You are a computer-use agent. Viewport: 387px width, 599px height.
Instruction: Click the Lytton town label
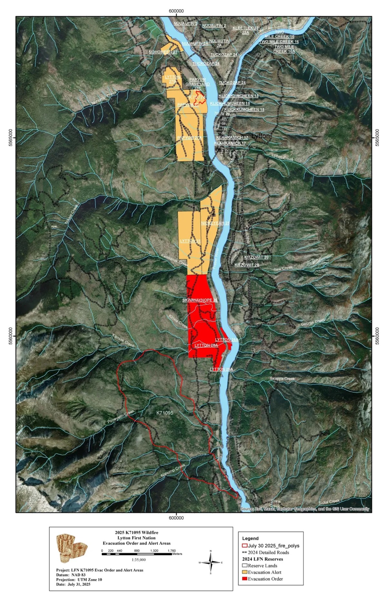pos(261,136)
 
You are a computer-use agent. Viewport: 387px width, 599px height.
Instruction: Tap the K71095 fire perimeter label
pos(165,413)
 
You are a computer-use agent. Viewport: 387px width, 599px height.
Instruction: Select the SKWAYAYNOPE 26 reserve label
pos(200,300)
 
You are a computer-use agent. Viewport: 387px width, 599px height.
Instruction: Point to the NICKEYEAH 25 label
pos(215,223)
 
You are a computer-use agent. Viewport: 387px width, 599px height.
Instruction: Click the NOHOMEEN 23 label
pos(163,52)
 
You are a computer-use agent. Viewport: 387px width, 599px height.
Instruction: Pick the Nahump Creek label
pos(173,470)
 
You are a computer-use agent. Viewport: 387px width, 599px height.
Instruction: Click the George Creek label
pos(313,322)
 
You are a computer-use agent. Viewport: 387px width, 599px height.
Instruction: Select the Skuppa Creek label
pos(283,378)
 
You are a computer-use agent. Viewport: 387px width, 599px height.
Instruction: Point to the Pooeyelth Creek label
pos(121,417)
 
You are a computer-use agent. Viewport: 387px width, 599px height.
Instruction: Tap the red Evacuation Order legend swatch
pos(244,579)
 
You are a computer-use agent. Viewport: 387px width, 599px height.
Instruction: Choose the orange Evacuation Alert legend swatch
pos(244,572)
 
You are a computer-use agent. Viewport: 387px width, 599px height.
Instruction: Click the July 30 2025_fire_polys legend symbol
pos(244,545)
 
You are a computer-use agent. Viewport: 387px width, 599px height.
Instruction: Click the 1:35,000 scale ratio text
pos(138,560)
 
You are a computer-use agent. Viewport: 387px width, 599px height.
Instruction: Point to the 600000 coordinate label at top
pos(176,11)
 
